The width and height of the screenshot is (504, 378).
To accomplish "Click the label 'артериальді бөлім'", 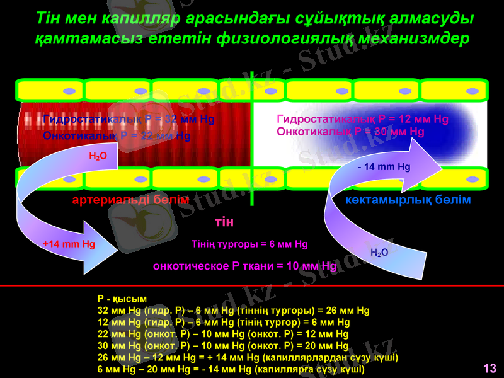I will coord(131,200).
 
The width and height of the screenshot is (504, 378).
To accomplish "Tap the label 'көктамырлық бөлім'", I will coord(408,200).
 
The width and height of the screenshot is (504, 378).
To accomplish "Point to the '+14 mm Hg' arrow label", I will coord(69,243).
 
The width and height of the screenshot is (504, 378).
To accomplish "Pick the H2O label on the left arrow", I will coord(98,155).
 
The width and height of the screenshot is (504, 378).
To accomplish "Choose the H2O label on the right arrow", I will coord(379,252).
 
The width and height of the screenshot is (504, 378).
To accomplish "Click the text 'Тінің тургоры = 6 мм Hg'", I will coord(249,244).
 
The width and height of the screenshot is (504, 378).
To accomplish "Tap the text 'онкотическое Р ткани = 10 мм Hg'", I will coord(245,266).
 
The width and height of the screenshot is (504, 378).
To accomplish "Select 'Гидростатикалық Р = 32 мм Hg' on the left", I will coord(129,119).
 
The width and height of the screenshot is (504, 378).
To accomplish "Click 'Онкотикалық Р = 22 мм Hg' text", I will coord(117,135).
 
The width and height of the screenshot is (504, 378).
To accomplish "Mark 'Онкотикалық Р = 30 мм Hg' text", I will coord(351,132).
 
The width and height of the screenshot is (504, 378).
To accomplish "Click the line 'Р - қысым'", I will coord(122,299).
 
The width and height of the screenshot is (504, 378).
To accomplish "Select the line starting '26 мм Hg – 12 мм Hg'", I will coord(248,358).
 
